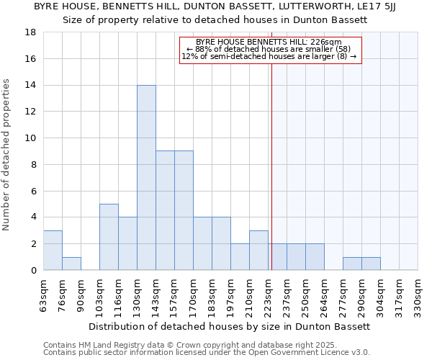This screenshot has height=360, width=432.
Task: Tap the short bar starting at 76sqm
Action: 71,264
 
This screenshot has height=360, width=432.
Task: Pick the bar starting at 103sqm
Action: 109,237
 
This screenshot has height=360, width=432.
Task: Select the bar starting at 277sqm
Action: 352,264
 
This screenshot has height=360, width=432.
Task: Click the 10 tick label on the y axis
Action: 30,138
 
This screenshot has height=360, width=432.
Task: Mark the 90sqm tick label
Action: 81,293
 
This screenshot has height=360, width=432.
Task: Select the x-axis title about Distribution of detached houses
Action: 230,326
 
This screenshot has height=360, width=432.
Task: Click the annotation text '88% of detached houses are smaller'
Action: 269,49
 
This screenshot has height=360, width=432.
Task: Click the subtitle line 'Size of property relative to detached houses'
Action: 215,20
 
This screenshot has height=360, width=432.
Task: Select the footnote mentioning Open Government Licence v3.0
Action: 207,353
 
